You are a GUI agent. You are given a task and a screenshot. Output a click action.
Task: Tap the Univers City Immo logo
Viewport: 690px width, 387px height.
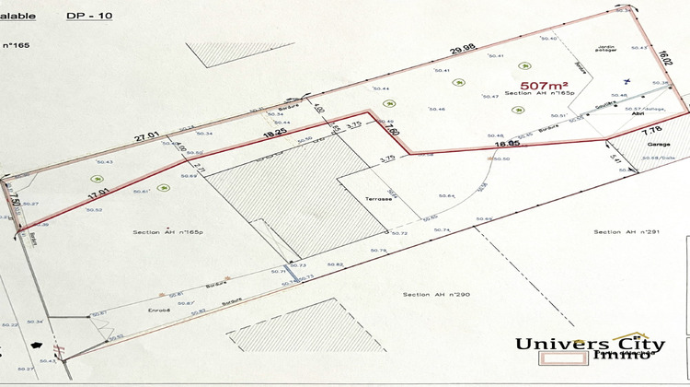(589, 346)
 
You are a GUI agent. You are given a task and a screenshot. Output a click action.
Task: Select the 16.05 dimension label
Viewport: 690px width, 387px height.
(507, 144)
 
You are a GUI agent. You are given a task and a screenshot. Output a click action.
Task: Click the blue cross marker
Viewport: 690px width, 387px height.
(626, 80)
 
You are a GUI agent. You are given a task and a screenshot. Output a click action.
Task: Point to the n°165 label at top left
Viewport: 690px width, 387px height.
(17, 43)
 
